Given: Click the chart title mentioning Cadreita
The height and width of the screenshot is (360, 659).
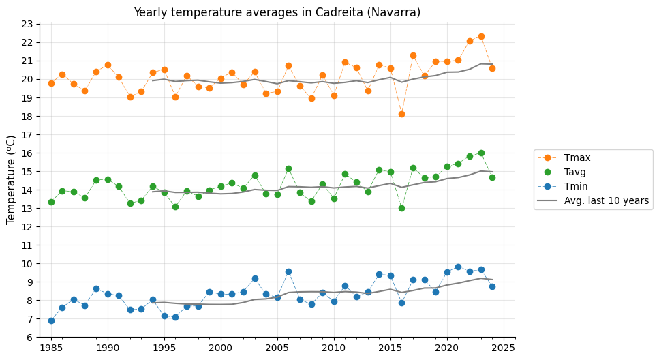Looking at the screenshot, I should pyautogui.click(x=277, y=12).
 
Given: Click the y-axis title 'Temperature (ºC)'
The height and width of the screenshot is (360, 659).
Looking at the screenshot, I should pyautogui.click(x=12, y=179).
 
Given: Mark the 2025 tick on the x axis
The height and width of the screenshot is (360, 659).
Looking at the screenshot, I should pyautogui.click(x=504, y=348).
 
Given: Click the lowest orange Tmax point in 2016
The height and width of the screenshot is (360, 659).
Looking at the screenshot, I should pyautogui.click(x=401, y=114).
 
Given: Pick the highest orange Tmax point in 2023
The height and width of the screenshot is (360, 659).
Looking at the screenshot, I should pyautogui.click(x=481, y=36).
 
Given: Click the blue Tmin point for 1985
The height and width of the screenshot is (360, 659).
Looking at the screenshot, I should pyautogui.click(x=51, y=320).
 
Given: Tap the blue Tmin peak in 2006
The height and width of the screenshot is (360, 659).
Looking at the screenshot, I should pyautogui.click(x=288, y=271).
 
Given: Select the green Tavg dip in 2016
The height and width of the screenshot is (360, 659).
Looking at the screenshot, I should pyautogui.click(x=401, y=208).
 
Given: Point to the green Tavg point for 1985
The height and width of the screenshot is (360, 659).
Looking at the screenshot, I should pyautogui.click(x=51, y=202).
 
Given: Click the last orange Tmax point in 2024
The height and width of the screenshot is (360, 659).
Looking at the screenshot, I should pyautogui.click(x=492, y=68).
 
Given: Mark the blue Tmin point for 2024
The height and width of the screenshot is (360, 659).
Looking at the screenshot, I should pyautogui.click(x=492, y=286).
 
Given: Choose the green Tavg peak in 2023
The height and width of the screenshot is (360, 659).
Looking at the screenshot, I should pyautogui.click(x=481, y=153).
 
